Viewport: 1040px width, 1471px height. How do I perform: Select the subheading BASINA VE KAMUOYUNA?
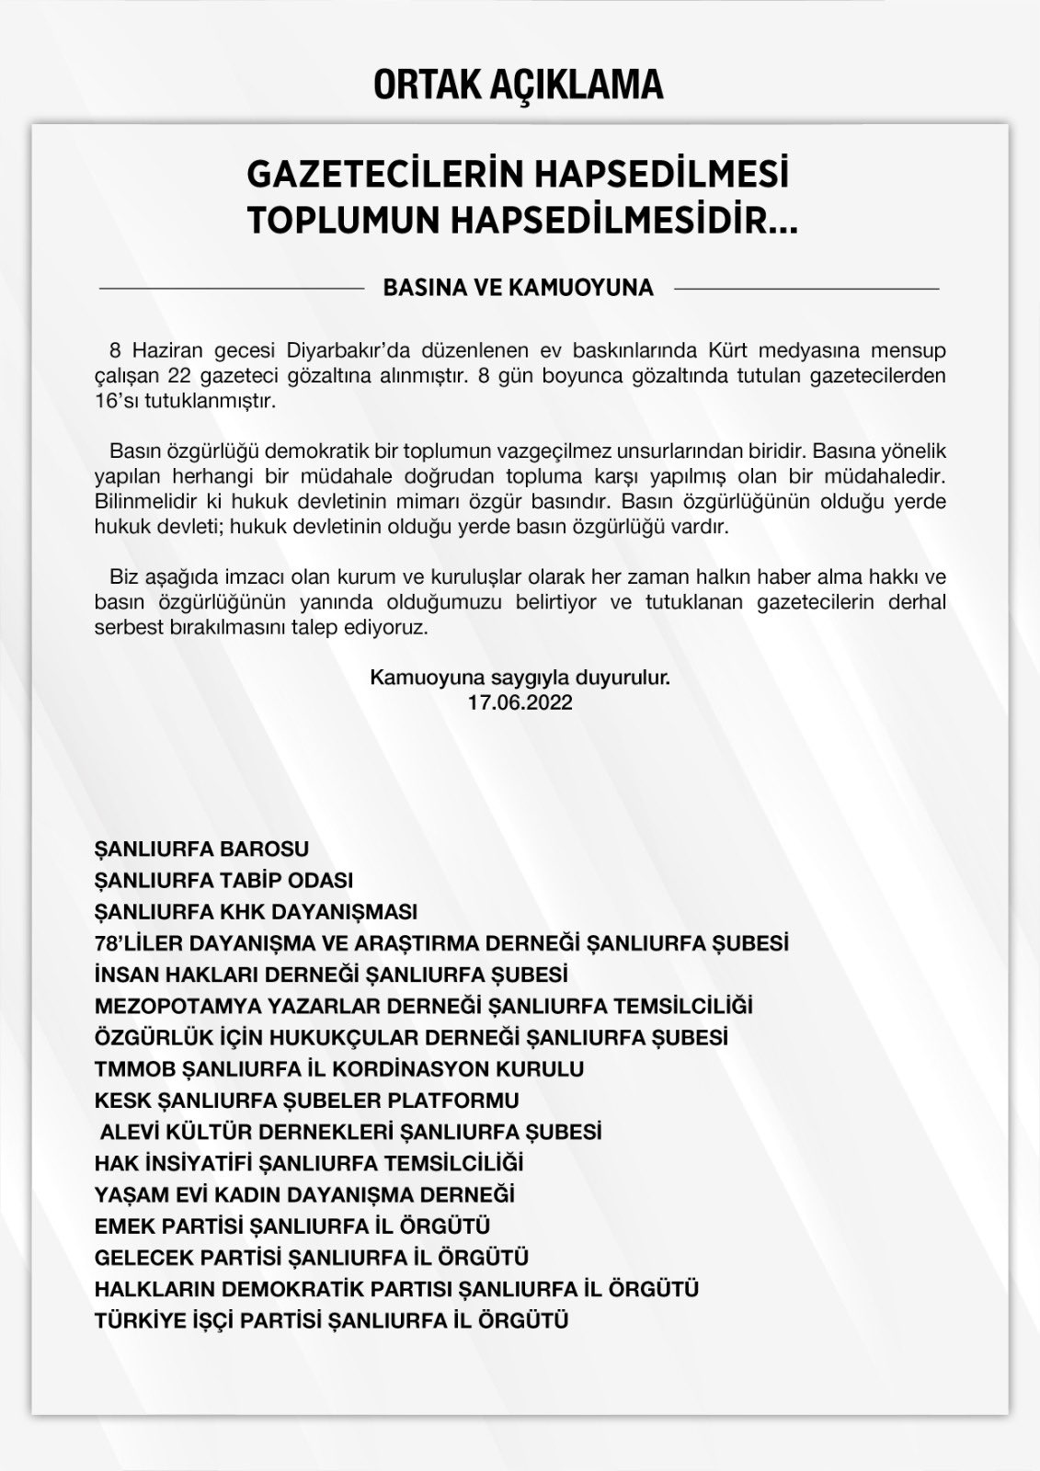click(518, 288)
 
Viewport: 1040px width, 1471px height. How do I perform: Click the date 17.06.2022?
click(520, 702)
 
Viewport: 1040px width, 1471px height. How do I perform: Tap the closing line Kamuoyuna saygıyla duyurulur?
click(520, 679)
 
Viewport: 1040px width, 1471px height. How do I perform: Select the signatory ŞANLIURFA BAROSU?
click(201, 849)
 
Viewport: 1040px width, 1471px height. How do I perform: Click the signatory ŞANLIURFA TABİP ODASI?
click(223, 880)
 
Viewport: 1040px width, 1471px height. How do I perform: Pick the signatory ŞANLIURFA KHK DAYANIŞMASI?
click(256, 912)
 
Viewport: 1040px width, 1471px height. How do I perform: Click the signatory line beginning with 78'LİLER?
click(441, 943)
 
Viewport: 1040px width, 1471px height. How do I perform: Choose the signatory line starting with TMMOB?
click(339, 1069)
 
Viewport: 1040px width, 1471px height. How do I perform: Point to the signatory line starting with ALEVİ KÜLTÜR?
click(350, 1132)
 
